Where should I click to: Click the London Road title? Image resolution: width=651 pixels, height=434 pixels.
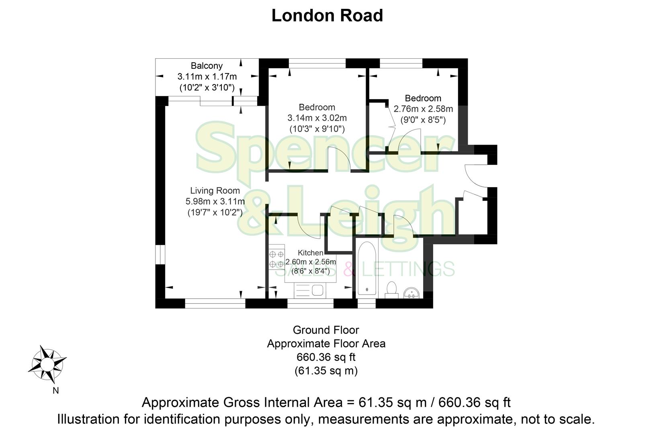point(327,16)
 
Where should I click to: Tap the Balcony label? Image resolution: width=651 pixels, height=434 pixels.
point(207,66)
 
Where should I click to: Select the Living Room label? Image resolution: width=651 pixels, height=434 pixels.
point(215,191)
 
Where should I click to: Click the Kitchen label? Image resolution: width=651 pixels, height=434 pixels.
point(310,253)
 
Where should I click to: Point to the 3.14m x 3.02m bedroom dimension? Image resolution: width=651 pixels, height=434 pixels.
point(317,118)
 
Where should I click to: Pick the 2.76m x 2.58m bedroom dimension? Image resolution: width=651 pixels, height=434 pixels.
point(423,109)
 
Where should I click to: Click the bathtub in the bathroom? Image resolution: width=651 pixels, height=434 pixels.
point(366,268)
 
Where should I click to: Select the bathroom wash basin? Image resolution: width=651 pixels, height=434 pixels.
point(411,292)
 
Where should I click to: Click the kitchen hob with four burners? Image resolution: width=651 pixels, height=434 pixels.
point(276,259)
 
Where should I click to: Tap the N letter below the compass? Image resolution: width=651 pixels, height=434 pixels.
point(55,391)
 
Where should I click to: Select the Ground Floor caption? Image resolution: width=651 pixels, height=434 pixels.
point(326,330)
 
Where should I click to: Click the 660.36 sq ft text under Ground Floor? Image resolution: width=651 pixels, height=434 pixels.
point(326,357)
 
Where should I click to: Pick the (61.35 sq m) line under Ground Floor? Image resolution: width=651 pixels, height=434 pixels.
point(326,370)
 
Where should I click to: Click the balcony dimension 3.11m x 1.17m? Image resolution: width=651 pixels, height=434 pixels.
point(207,76)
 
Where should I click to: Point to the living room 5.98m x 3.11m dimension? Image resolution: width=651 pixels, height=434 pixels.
point(215,201)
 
